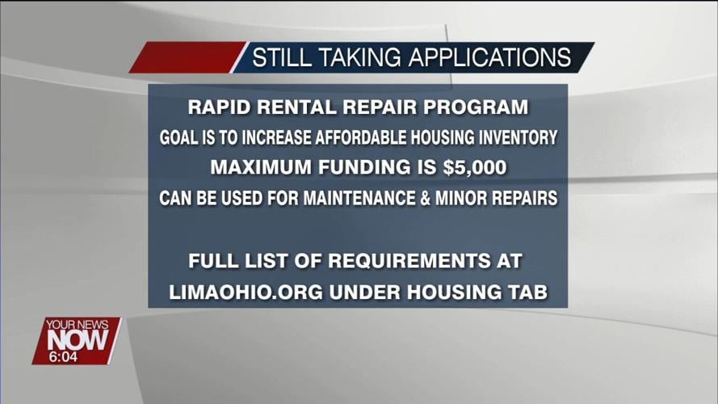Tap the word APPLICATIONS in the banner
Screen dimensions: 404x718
(489, 58)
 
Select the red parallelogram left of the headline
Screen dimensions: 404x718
(187, 58)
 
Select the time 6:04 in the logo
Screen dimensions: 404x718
(64, 356)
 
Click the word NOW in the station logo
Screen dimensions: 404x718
(77, 340)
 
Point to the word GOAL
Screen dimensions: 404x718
(176, 137)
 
